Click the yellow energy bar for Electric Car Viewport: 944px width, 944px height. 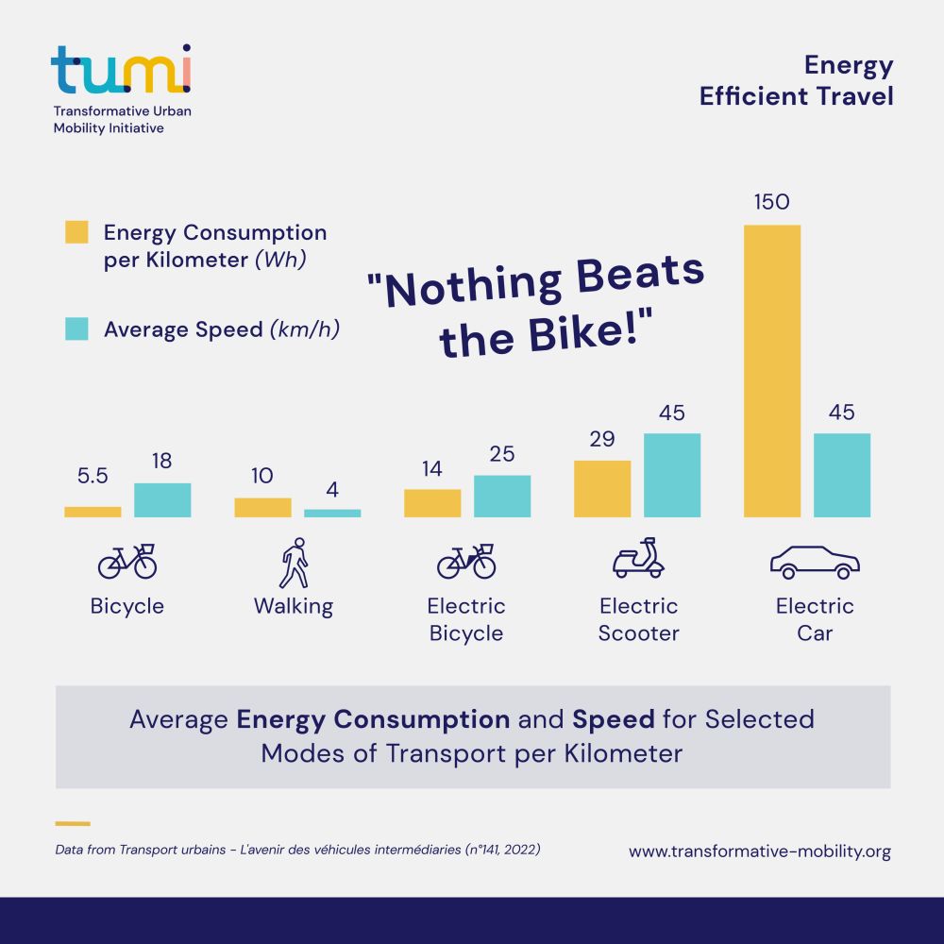[772, 371]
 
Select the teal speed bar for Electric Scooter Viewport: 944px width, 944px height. [672, 475]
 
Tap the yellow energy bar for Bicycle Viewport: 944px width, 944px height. [93, 512]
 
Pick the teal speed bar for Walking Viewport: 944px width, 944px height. [332, 513]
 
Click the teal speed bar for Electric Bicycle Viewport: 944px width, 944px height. [502, 496]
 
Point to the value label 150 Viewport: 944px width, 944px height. [771, 202]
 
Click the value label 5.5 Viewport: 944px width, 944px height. [93, 476]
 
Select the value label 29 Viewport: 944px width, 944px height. [602, 439]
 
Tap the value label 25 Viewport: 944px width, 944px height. [502, 454]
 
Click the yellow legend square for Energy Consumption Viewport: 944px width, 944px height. [76, 232]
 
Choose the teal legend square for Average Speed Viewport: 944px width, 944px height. [76, 329]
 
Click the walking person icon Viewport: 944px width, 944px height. [295, 563]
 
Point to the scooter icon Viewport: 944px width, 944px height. [638, 559]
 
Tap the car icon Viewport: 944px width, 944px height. [815, 562]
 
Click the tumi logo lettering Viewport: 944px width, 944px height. [121, 70]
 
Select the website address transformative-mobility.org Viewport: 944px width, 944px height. [760, 851]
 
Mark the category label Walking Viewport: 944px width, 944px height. [294, 606]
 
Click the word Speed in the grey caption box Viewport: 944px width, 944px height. [614, 719]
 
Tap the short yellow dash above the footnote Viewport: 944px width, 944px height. [73, 823]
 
